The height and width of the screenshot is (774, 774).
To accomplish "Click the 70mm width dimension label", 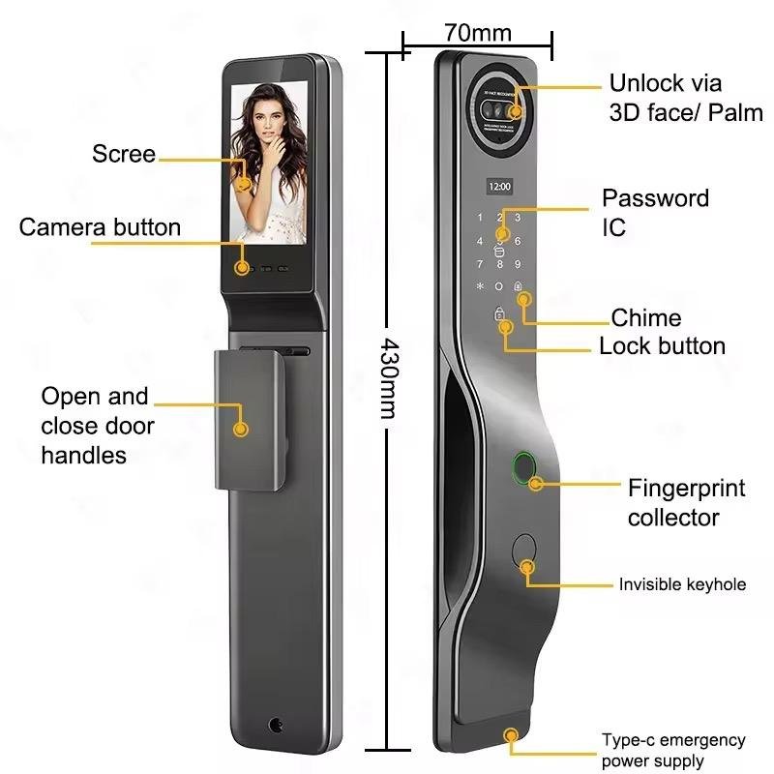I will pyautogui.click(x=478, y=32).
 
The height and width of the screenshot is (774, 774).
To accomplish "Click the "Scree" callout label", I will pyautogui.click(x=123, y=154).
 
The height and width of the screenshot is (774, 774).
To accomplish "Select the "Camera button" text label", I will pyautogui.click(x=100, y=227).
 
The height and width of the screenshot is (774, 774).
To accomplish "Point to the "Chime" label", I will pyautogui.click(x=645, y=318).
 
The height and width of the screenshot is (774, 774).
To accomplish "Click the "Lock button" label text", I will pyautogui.click(x=662, y=346).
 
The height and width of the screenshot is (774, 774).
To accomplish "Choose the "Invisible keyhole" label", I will pyautogui.click(x=682, y=584).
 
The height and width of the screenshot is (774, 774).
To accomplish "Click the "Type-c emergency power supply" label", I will pyautogui.click(x=673, y=751).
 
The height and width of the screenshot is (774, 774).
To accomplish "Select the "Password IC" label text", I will pyautogui.click(x=654, y=212).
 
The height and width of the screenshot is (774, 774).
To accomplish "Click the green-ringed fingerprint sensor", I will pyautogui.click(x=521, y=468).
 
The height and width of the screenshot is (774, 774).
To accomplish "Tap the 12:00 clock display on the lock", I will pyautogui.click(x=499, y=185).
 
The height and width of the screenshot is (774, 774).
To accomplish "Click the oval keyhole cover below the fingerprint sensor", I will pyautogui.click(x=525, y=552).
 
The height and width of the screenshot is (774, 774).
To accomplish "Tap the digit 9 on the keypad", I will pyautogui.click(x=518, y=264).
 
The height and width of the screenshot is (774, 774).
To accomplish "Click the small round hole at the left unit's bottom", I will pyautogui.click(x=278, y=725).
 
